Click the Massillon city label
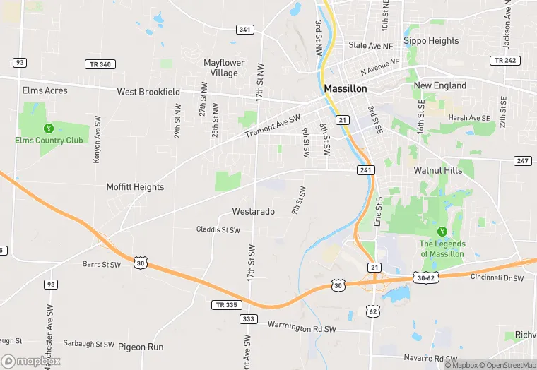(x=346, y=89)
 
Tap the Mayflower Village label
(x=225, y=68)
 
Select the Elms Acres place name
(x=45, y=91)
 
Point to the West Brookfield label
(x=148, y=92)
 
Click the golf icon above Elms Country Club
(x=49, y=128)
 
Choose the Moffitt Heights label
(x=135, y=187)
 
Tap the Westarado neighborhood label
(x=253, y=211)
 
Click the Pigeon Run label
(x=141, y=347)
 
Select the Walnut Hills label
(x=438, y=170)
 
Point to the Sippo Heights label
(x=431, y=41)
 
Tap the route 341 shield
(x=245, y=29)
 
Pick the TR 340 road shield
(x=100, y=64)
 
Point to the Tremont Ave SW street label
(x=273, y=126)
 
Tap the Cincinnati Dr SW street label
(x=497, y=278)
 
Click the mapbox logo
(x=29, y=362)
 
